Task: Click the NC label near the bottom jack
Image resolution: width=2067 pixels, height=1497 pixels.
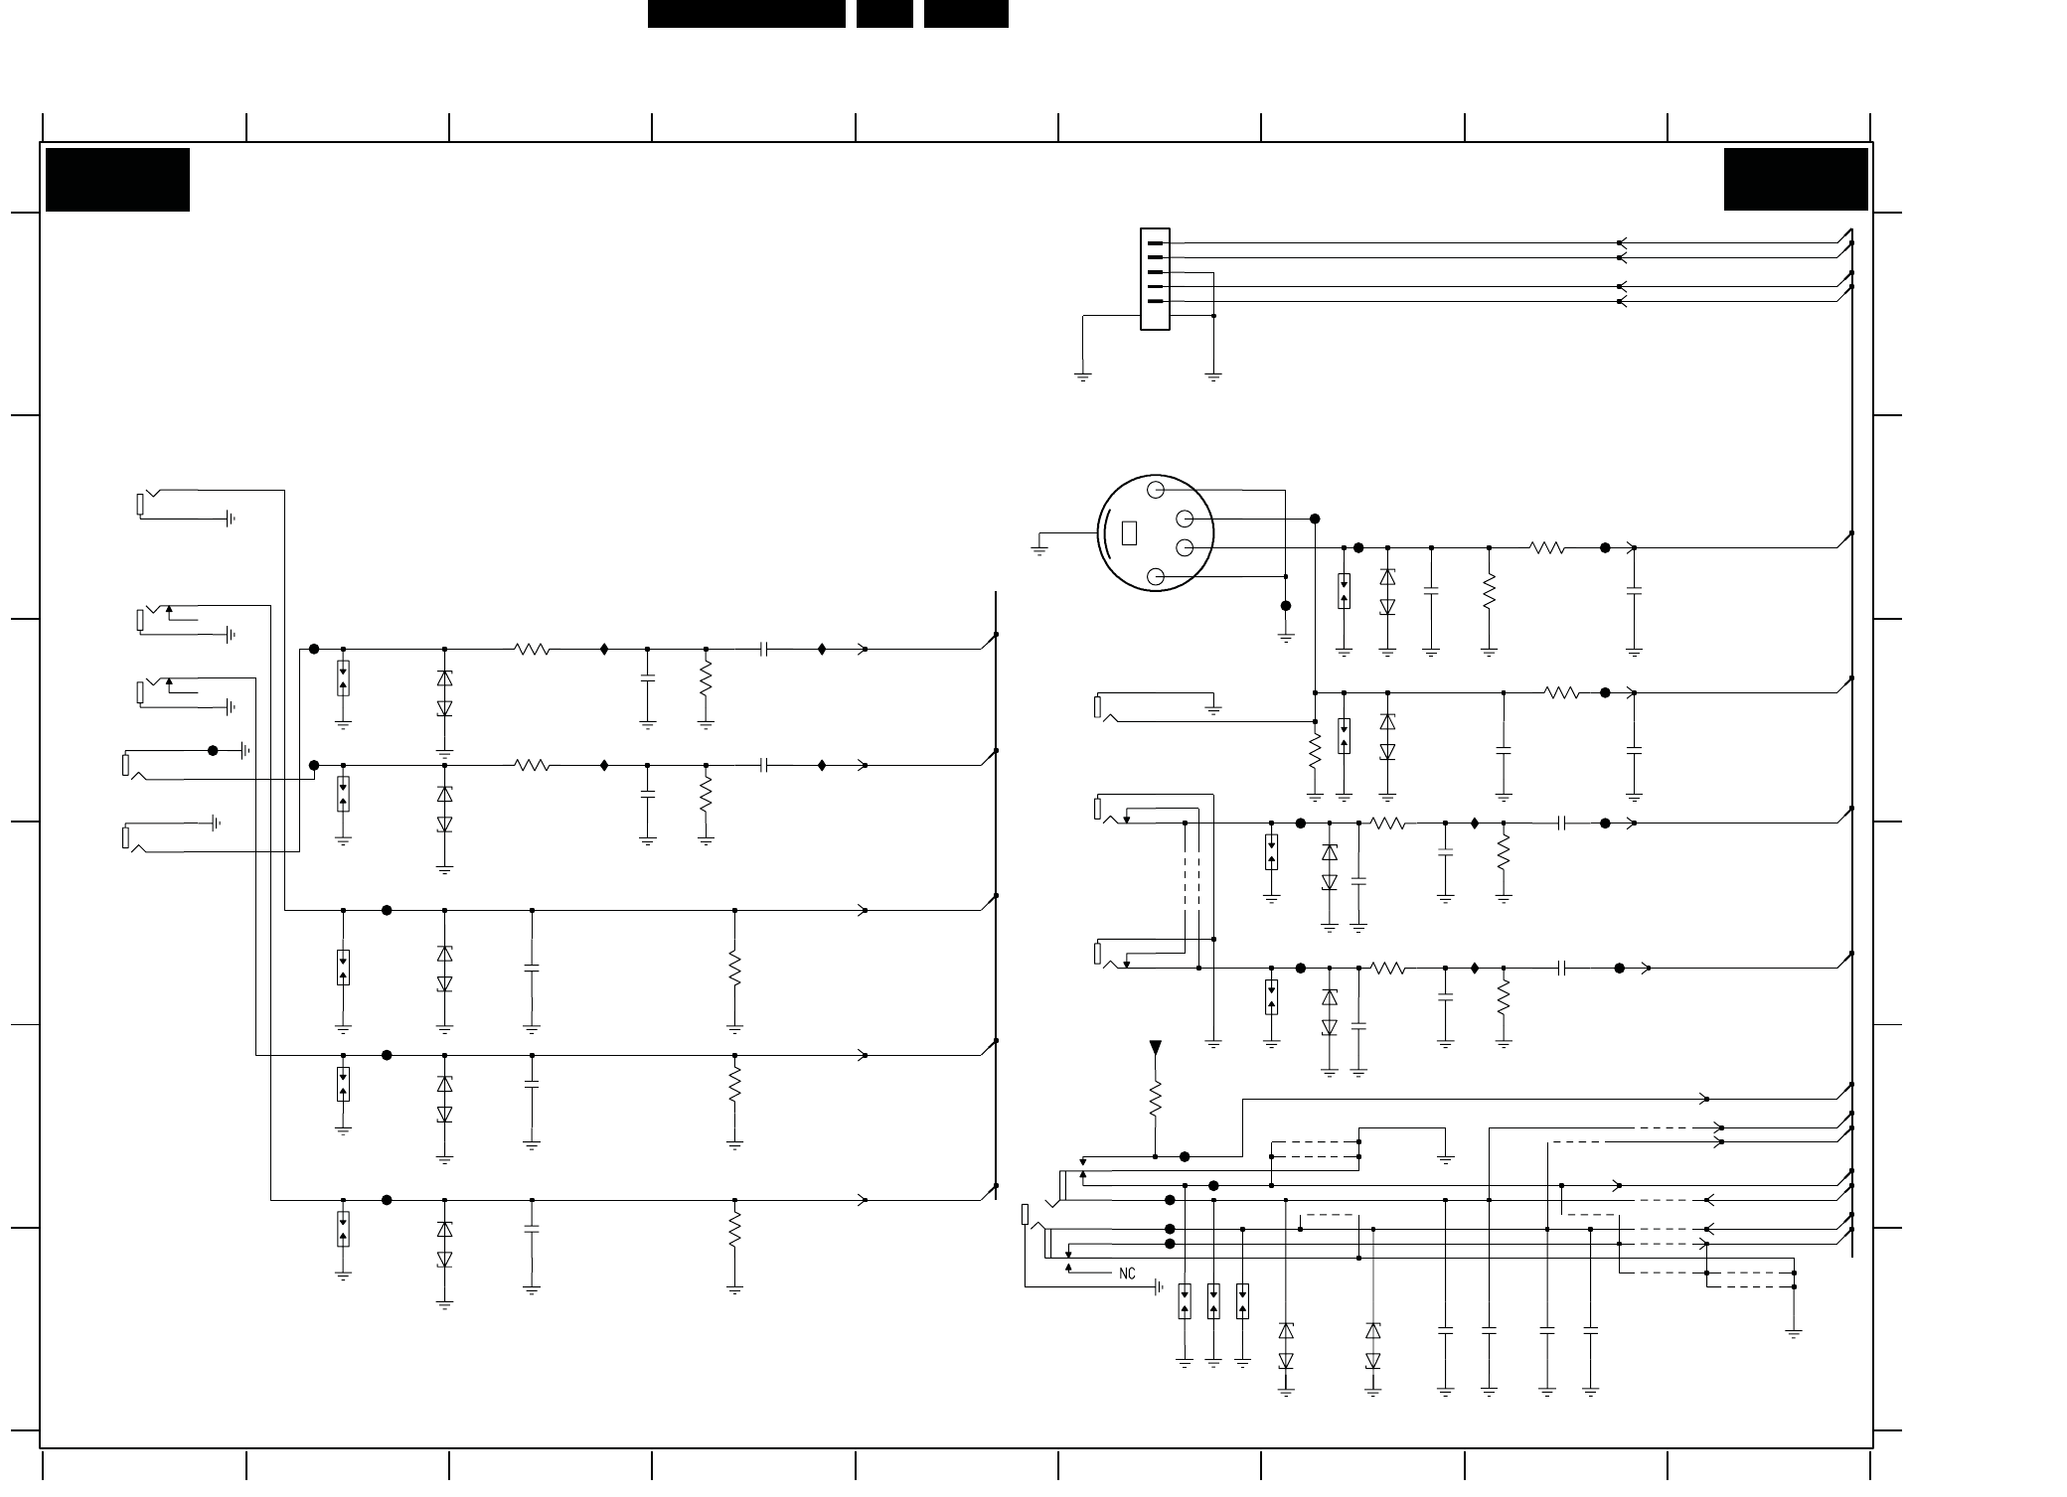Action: (1127, 1273)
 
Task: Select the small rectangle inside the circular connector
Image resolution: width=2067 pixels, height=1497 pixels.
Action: (1128, 533)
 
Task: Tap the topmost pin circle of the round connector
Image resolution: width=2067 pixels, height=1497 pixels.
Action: (1155, 490)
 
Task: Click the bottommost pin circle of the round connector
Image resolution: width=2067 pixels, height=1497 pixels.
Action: (1155, 577)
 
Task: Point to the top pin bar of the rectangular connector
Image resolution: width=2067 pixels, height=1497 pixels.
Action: (1154, 242)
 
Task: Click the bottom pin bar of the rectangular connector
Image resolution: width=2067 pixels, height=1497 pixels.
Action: (1154, 300)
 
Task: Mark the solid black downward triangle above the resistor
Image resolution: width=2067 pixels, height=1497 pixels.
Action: (1155, 1048)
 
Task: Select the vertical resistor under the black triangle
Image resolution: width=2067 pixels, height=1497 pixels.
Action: (1155, 1100)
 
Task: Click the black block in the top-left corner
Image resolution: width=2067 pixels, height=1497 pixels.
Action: (117, 180)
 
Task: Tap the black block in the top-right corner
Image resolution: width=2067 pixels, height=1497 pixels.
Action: (1796, 180)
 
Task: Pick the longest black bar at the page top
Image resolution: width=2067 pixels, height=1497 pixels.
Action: (746, 14)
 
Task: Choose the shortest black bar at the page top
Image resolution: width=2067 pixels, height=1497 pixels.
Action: (884, 14)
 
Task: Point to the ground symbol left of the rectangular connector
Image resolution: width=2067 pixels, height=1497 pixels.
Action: (1082, 376)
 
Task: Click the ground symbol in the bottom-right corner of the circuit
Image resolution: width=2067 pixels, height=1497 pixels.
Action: (1794, 1333)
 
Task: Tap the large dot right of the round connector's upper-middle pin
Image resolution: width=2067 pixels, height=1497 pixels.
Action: (1315, 519)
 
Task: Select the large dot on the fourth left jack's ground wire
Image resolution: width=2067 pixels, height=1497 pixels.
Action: (213, 751)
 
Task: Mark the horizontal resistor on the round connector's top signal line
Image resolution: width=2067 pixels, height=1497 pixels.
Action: (1547, 547)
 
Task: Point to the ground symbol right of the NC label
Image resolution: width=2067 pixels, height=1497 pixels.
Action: (1159, 1288)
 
